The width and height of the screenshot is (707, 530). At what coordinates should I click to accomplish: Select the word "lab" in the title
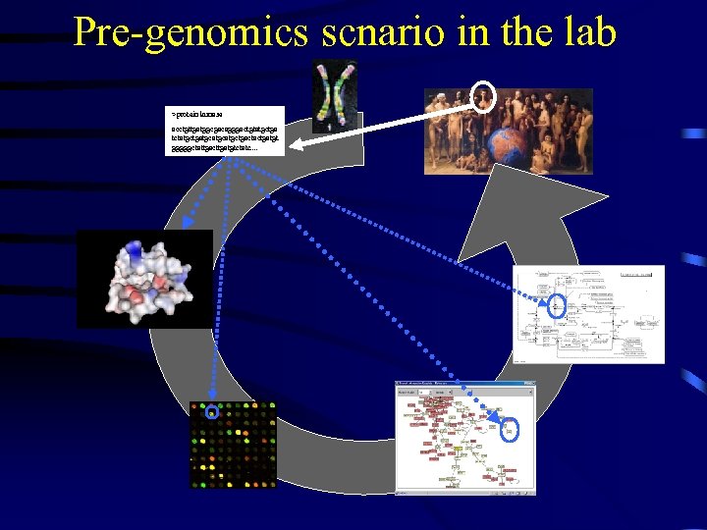click(588, 32)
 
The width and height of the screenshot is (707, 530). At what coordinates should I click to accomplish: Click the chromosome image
click(334, 95)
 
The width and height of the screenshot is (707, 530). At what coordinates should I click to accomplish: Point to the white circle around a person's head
click(483, 95)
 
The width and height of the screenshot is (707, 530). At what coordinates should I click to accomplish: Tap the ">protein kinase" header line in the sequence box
click(196, 116)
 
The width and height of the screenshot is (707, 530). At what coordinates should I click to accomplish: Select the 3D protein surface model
click(144, 279)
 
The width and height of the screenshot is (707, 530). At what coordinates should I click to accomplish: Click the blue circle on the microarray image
click(209, 412)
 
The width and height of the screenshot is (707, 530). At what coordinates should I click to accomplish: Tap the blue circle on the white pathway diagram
click(559, 304)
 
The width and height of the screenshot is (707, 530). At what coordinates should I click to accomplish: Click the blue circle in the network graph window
click(511, 429)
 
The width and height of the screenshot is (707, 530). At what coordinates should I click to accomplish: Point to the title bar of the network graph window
click(464, 384)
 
